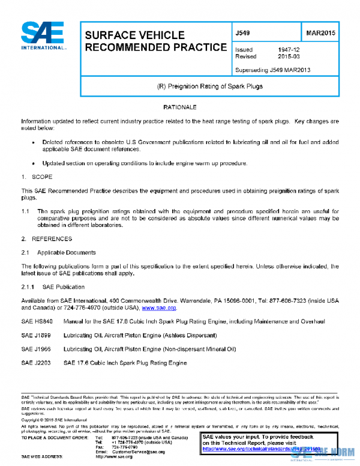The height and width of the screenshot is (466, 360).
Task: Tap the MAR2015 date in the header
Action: point(319,33)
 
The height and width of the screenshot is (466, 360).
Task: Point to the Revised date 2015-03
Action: point(289,57)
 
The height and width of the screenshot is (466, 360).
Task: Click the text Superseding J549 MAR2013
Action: point(272,70)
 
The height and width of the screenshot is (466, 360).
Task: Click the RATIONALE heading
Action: point(180,107)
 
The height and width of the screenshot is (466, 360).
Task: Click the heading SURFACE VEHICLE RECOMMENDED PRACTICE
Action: point(155,41)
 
